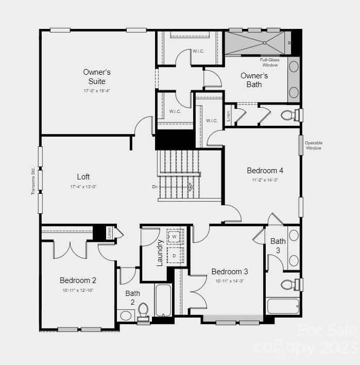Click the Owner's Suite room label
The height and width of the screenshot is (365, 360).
97,77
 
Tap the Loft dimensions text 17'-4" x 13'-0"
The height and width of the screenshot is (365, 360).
83,186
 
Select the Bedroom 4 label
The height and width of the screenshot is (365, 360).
265,171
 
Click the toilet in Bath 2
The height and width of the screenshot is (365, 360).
143,310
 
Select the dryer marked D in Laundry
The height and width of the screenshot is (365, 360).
174,255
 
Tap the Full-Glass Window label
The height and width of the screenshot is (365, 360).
270,62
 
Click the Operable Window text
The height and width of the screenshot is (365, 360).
313,145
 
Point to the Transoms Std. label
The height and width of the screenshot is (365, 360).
33,180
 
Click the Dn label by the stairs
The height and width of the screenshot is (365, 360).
155,187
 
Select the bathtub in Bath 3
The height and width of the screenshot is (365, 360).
283,306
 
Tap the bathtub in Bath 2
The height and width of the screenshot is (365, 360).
163,300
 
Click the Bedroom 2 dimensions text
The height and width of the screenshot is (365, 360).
78,290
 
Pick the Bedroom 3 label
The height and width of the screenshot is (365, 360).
230,272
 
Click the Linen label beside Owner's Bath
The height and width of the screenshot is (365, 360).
228,115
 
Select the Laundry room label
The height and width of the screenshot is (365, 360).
160,253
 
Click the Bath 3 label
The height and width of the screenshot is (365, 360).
278,245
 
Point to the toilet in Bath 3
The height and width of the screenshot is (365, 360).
288,284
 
